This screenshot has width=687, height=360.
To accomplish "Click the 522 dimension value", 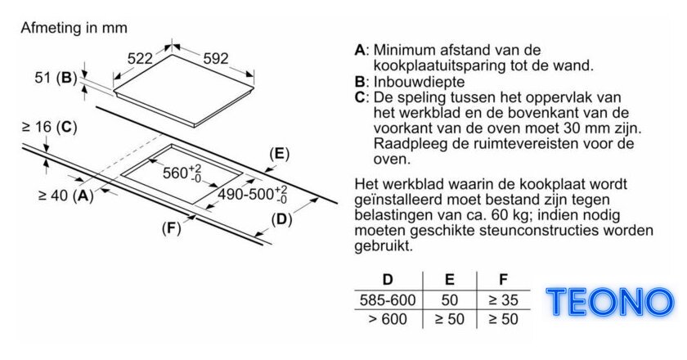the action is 140,58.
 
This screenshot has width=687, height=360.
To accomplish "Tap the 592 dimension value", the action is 216,58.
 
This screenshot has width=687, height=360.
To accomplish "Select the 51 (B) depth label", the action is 56,78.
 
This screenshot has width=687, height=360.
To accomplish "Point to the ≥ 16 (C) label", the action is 49,127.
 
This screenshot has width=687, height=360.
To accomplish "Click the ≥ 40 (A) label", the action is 65,196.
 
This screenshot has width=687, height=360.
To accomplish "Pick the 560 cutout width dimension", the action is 182,173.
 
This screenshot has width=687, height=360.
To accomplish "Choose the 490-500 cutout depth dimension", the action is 253,194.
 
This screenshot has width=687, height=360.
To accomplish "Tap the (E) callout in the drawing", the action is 280,154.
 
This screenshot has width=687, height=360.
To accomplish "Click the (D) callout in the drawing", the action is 281,220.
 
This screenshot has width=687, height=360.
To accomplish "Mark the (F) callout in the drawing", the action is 171,228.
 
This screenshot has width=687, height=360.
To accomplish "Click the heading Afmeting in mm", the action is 74,28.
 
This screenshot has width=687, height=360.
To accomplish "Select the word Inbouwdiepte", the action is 419,82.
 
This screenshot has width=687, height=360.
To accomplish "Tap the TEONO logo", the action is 610,302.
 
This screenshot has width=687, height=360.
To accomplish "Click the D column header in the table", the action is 388,280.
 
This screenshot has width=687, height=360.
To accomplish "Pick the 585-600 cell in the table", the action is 388,300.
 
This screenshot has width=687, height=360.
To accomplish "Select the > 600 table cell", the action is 388,319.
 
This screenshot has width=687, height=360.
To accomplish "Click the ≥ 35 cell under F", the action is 503,300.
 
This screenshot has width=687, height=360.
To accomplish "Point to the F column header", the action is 504,280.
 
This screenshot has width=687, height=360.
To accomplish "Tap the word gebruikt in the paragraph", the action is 384,245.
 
